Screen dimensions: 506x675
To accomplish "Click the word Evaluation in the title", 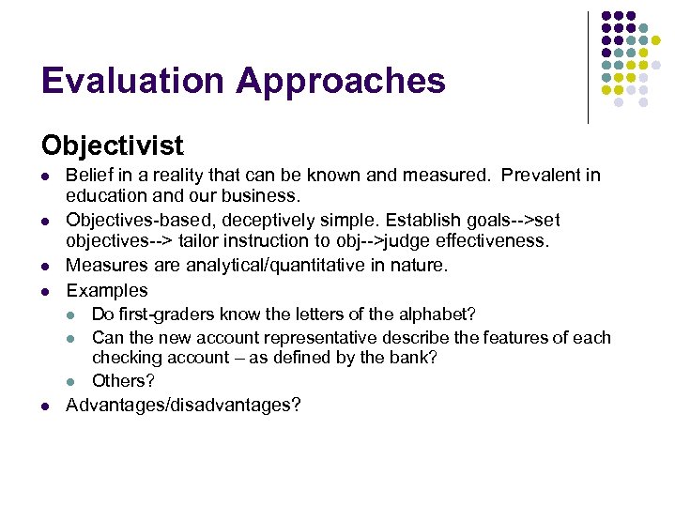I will (x=132, y=82).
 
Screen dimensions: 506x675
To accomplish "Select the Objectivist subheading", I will (x=113, y=146).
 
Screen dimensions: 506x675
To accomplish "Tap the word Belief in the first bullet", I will (x=87, y=176).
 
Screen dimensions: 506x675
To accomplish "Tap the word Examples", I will (x=107, y=291).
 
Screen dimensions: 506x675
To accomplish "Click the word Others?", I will (x=123, y=381).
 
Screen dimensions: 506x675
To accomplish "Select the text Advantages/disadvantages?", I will (x=183, y=406).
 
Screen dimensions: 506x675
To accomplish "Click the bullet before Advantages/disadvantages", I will (x=45, y=406).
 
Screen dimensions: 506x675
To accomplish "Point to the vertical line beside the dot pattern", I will (x=589, y=66).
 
